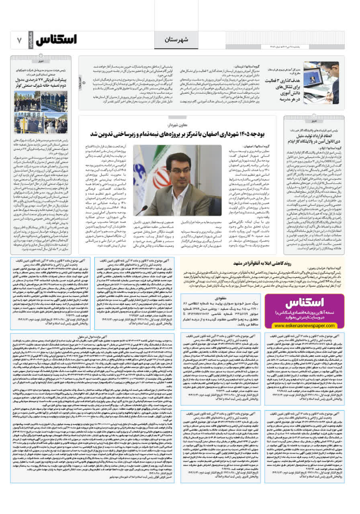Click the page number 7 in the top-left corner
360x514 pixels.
[19, 41]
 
